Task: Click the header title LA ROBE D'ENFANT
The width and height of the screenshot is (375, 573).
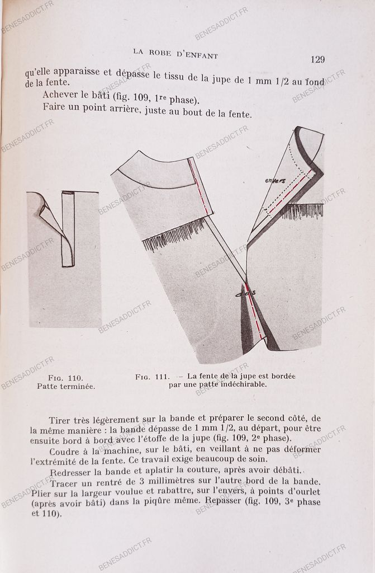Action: pyautogui.click(x=175, y=54)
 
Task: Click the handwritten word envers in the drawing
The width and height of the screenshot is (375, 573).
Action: pyautogui.click(x=275, y=181)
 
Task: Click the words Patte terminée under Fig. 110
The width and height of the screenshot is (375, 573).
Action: pyautogui.click(x=66, y=386)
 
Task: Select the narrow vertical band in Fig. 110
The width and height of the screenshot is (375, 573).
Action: pyautogui.click(x=68, y=229)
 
